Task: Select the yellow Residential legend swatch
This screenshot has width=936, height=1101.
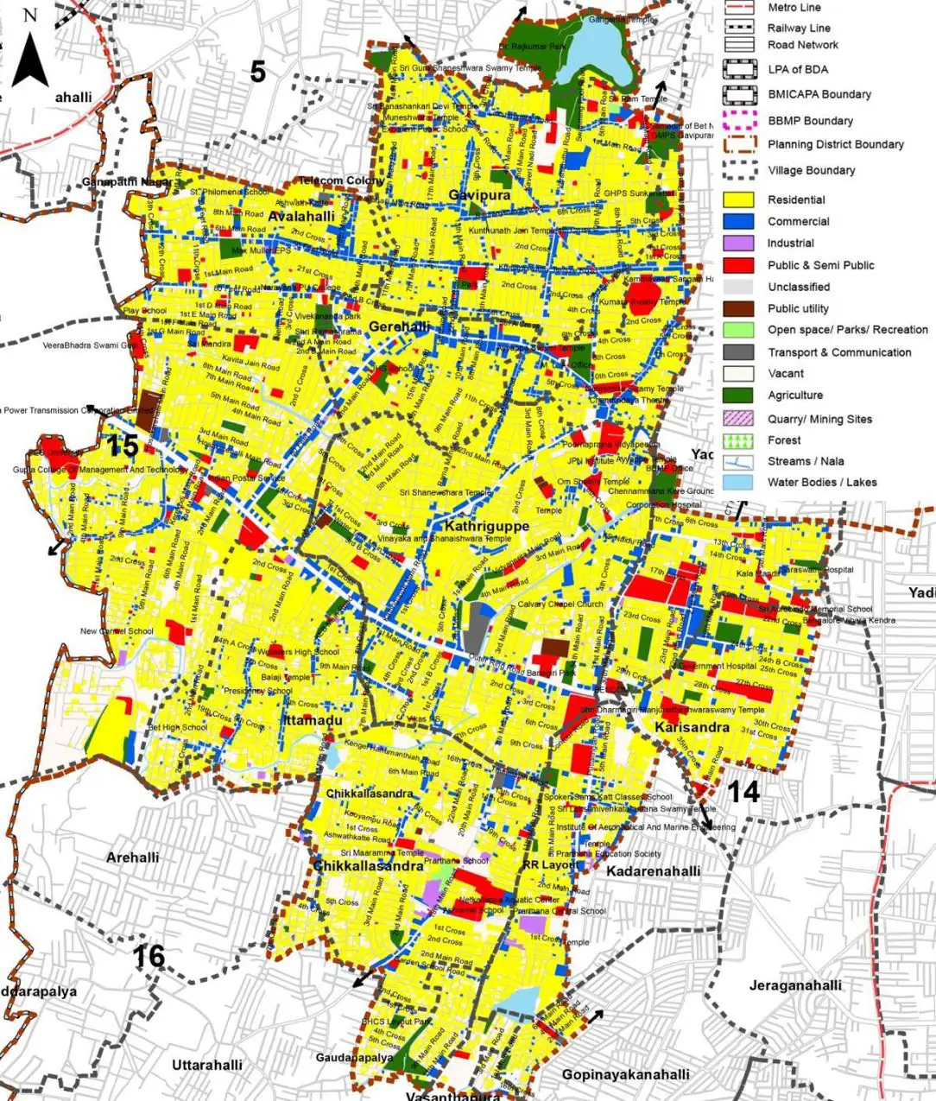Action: click(x=738, y=199)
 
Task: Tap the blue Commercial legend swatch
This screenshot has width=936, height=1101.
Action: click(x=738, y=221)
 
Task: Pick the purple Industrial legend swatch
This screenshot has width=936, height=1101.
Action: click(x=738, y=244)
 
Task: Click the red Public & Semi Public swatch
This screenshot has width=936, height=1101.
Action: click(x=738, y=265)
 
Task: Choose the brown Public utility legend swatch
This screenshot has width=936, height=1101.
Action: click(x=738, y=308)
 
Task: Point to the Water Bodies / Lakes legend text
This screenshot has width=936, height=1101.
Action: click(x=822, y=483)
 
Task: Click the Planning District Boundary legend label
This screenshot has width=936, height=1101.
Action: click(x=836, y=144)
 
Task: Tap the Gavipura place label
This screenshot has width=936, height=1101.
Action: click(x=479, y=195)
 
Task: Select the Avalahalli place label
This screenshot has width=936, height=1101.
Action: click(x=301, y=216)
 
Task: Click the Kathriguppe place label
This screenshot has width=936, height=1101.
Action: click(x=486, y=525)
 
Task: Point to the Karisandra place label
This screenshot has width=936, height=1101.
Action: click(x=692, y=728)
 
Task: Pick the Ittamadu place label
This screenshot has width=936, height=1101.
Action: click(x=313, y=720)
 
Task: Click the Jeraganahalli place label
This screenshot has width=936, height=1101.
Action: click(x=795, y=985)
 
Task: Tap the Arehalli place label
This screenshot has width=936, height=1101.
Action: click(x=132, y=857)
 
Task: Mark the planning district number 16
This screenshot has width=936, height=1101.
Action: click(x=149, y=956)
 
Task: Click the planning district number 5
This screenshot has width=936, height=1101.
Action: click(x=257, y=73)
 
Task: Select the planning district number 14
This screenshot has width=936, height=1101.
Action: click(x=743, y=791)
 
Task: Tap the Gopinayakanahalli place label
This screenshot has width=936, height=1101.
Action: click(x=625, y=1074)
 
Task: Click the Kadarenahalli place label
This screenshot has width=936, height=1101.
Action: click(x=653, y=871)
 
